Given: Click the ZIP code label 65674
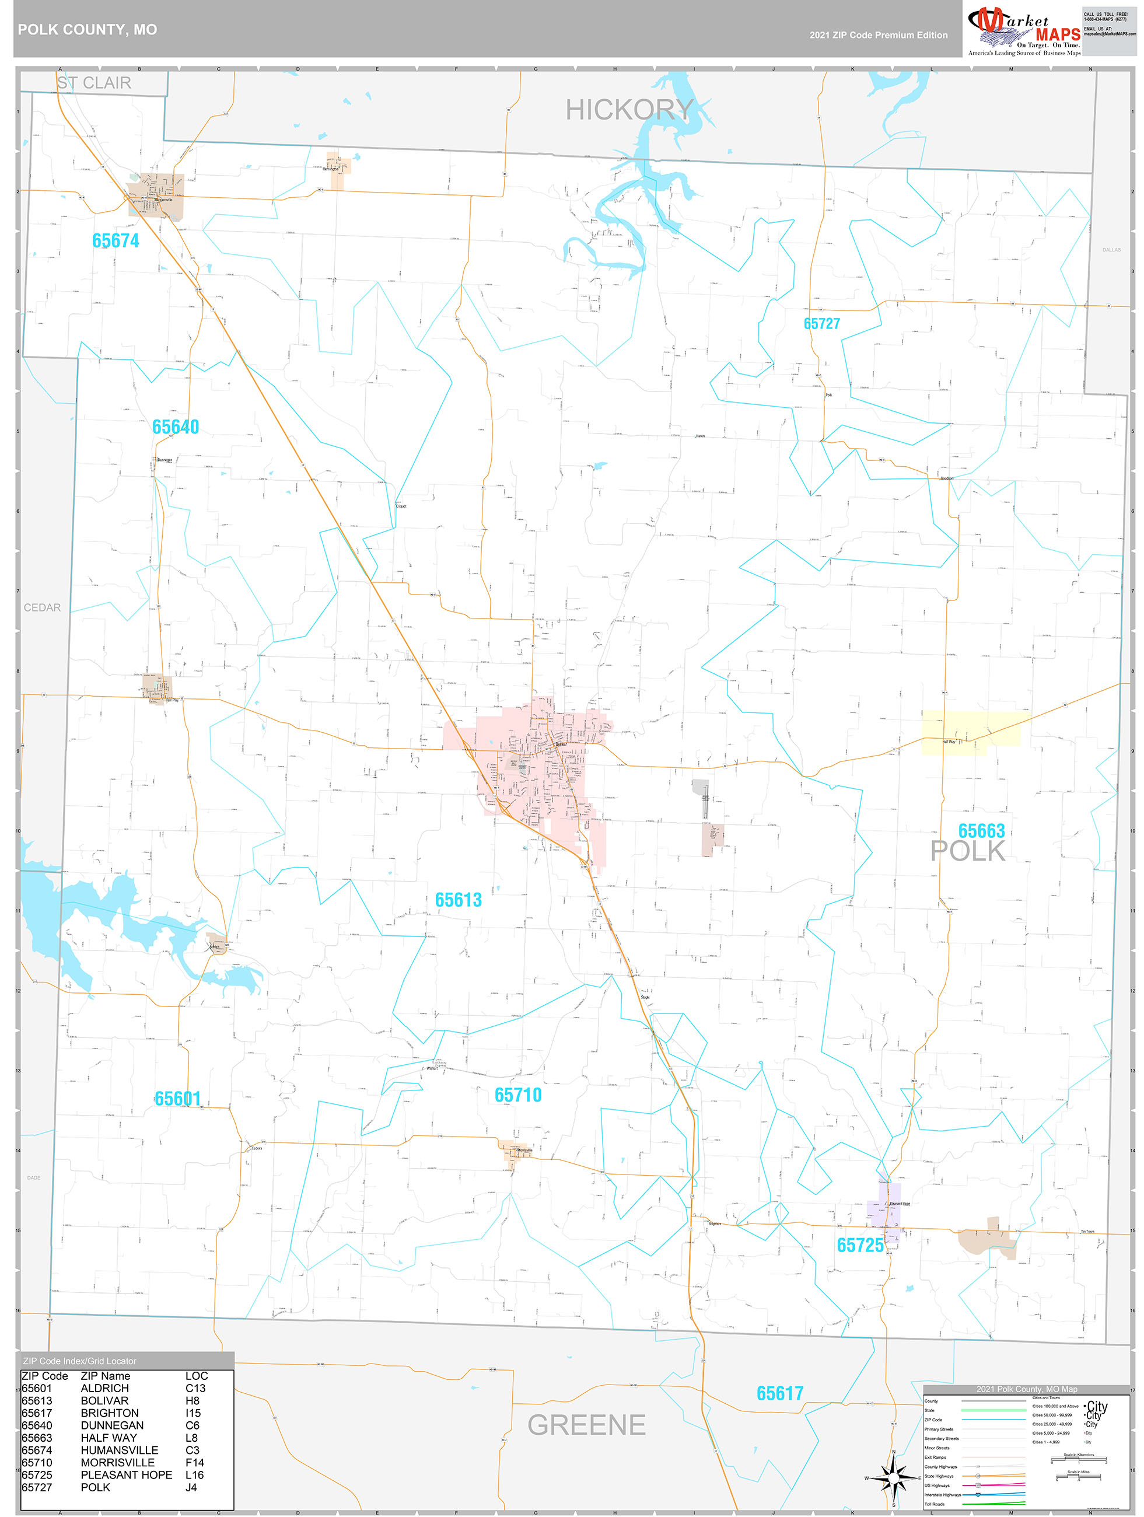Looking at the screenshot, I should (116, 241).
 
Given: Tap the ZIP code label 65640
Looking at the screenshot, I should (176, 427).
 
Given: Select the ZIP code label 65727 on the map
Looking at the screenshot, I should (821, 324).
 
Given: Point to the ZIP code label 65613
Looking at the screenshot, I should (458, 900).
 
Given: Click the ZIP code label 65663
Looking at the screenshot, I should (981, 830).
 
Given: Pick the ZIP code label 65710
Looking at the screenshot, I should (518, 1095).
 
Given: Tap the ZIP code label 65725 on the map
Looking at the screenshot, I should (859, 1246).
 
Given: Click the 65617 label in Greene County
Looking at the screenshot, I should (779, 1393).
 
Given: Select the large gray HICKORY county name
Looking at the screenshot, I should (629, 110).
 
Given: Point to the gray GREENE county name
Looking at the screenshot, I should (586, 1425).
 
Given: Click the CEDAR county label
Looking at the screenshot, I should (42, 607).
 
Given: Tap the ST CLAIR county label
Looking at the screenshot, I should (94, 83).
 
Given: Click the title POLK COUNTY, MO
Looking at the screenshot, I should (87, 30).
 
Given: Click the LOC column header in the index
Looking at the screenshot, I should (196, 1376).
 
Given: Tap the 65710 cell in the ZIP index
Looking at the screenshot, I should (36, 1462).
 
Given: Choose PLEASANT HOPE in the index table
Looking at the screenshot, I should (126, 1474).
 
